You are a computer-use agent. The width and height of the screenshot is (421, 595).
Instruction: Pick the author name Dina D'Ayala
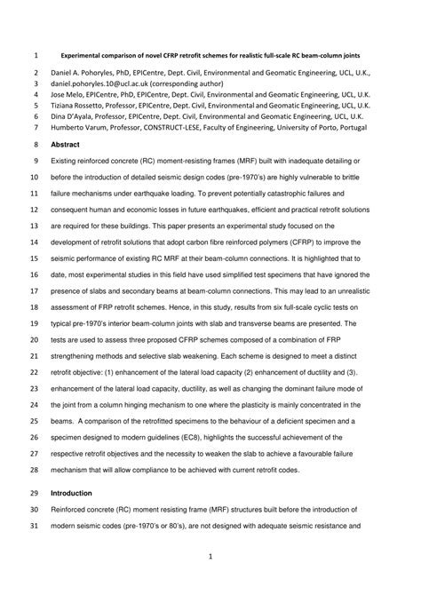click(x=72, y=115)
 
